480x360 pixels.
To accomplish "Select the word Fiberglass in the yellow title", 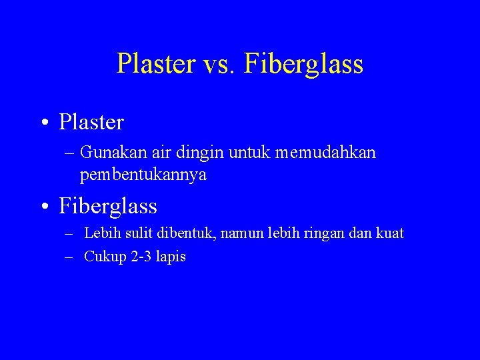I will [304, 65].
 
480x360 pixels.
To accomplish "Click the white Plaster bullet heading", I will [91, 123].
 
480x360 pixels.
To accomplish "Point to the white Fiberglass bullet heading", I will [108, 207].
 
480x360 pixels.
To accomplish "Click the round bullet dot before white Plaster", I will [43, 123].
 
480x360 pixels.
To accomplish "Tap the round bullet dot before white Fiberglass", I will [43, 207].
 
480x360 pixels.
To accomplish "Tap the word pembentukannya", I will [143, 175].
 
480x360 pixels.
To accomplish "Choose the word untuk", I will [246, 153].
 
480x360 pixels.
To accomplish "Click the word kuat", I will [390, 234].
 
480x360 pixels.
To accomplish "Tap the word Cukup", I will [105, 257].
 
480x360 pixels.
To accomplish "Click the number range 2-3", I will [140, 257].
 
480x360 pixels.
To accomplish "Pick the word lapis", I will [171, 257].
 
